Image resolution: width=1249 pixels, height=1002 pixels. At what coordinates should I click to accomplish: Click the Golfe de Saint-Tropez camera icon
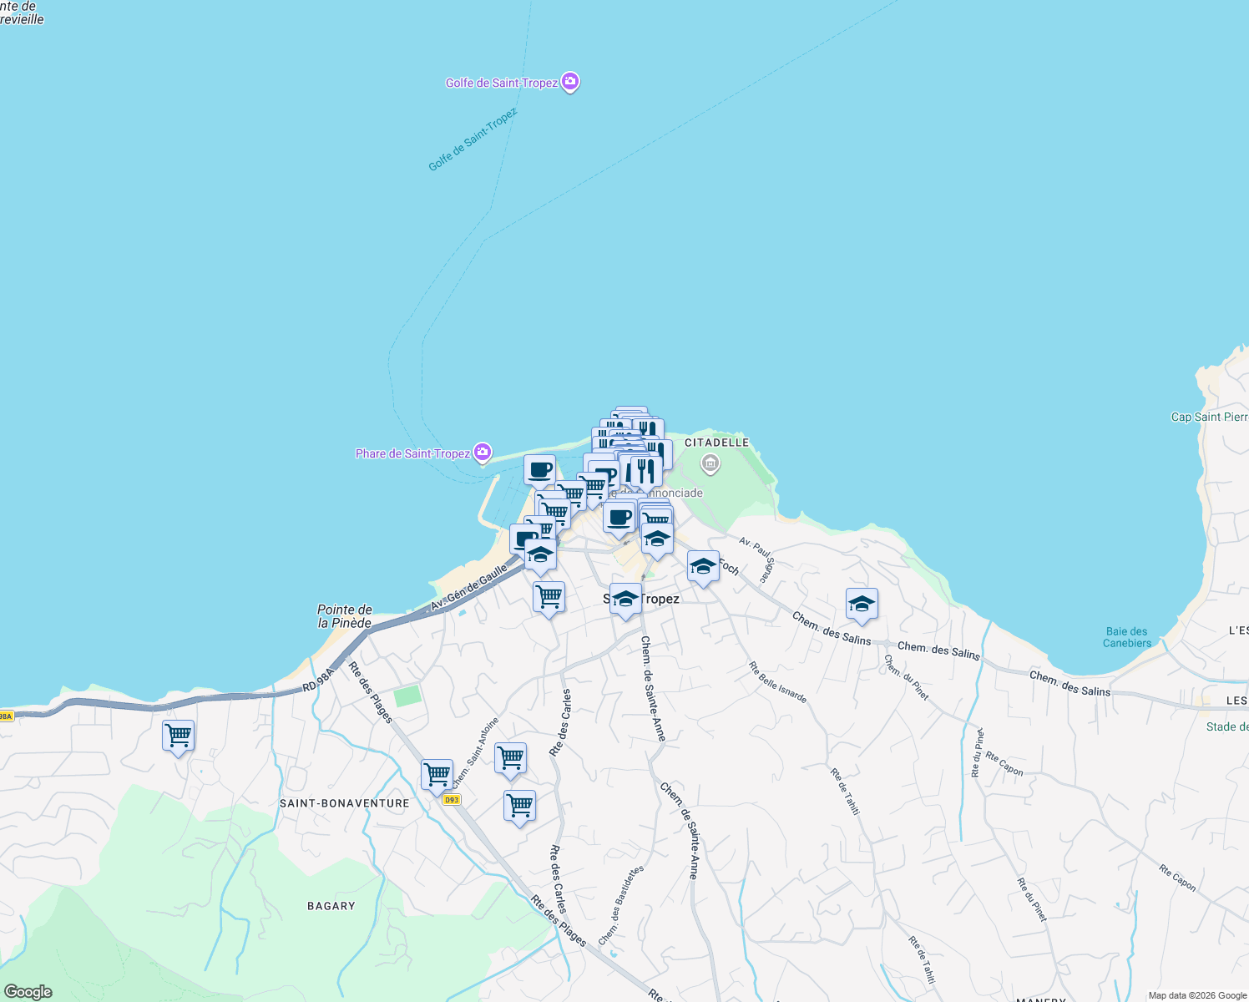click(571, 82)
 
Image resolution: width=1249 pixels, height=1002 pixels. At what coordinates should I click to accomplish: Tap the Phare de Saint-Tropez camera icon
click(483, 453)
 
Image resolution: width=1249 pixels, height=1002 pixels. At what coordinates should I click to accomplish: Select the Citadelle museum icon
click(710, 463)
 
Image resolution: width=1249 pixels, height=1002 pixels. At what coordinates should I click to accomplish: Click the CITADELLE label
click(716, 443)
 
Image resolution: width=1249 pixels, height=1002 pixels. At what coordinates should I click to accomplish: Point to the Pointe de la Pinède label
click(345, 616)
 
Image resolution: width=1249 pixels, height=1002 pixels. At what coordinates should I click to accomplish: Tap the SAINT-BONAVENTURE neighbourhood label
click(345, 803)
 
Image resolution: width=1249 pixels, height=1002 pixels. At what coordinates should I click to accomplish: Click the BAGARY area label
click(331, 906)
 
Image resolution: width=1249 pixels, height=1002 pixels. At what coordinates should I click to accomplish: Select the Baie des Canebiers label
click(1127, 637)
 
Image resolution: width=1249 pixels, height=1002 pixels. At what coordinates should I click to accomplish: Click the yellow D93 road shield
click(452, 800)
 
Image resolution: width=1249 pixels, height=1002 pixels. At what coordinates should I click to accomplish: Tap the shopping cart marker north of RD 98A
click(549, 597)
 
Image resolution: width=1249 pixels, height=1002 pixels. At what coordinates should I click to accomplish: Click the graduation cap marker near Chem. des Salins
click(862, 604)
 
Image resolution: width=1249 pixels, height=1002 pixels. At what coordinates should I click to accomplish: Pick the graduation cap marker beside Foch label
click(703, 566)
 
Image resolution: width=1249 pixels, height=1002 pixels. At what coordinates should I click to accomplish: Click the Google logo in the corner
click(28, 992)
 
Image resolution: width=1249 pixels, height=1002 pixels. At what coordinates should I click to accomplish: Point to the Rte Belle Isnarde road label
click(778, 682)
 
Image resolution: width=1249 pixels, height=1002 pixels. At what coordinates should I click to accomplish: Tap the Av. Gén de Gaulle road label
click(469, 587)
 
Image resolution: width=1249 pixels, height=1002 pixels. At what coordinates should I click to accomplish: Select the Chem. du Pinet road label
click(906, 677)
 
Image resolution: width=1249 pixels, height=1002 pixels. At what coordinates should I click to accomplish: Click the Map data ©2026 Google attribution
click(1197, 995)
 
